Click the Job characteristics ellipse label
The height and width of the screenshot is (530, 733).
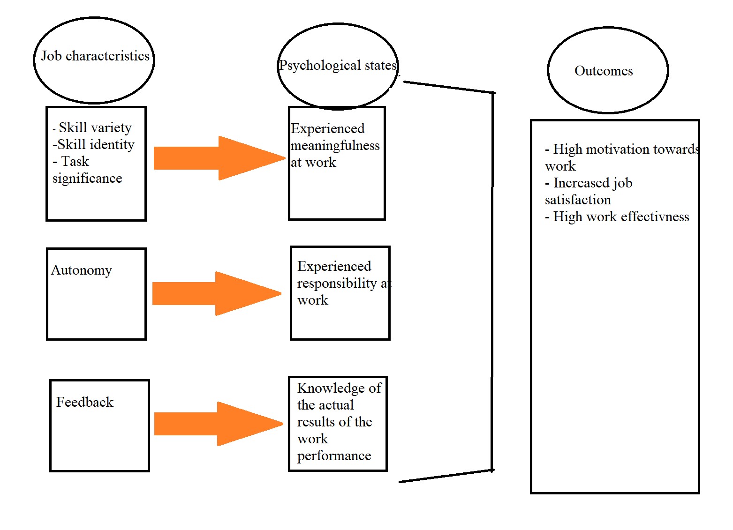point(95,56)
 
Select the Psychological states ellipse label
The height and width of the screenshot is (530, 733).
point(338,66)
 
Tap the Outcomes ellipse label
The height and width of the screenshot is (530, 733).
point(604,71)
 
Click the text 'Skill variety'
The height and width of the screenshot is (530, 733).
point(95,127)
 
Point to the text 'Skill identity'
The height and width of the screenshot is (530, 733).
point(96,144)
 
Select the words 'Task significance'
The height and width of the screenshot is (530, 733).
point(87,170)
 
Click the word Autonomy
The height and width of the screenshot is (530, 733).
point(82,270)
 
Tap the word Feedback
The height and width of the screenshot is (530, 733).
point(85,402)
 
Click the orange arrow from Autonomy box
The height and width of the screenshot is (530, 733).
point(216,294)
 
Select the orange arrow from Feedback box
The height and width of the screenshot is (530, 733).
point(218,424)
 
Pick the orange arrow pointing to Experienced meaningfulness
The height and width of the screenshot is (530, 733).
point(219,158)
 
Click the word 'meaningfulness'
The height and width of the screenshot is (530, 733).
point(335,146)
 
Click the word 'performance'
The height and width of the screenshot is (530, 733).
point(334,455)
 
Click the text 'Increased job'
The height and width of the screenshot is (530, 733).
point(593,183)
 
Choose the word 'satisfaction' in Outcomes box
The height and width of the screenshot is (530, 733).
point(578,200)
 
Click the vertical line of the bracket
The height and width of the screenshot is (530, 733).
point(492,281)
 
